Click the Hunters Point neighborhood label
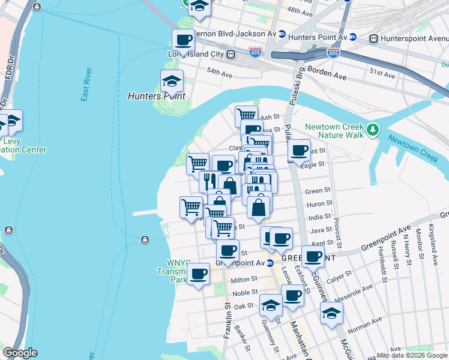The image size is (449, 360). pos(157,96)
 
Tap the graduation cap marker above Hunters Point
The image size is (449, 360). pos(172,80)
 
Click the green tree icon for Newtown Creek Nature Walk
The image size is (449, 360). pos(373,129)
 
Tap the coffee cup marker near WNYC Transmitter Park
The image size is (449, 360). pos(199,274)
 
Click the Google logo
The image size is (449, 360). pos(20,353)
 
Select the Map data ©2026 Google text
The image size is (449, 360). pos(412,355)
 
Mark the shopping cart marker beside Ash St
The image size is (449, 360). pos(246,115)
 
